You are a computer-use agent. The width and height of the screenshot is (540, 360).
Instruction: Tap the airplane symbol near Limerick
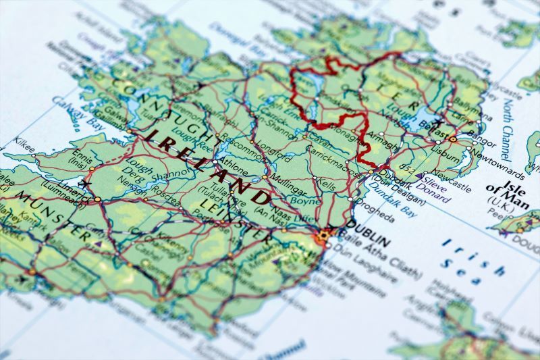pos(85,184)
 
